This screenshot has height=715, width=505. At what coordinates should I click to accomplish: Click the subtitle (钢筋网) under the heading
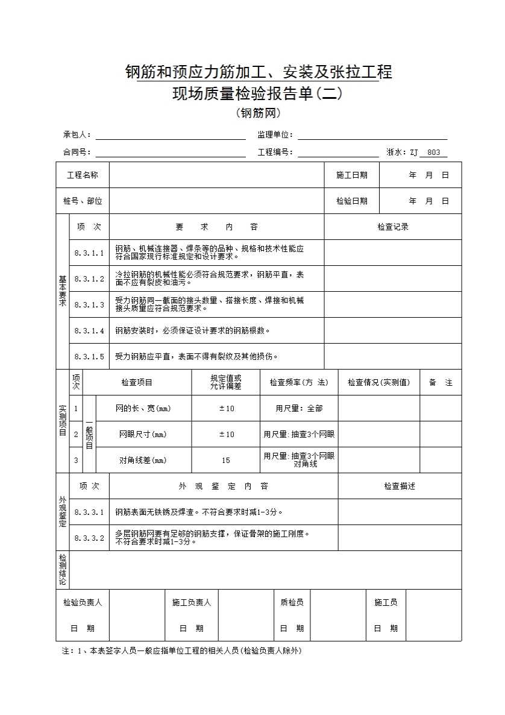(259, 113)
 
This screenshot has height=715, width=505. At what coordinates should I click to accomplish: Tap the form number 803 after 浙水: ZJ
(433, 153)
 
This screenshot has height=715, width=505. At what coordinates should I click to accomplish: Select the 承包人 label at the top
(77, 135)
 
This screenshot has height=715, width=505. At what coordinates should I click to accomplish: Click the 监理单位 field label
(275, 135)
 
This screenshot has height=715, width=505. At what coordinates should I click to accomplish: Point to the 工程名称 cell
(83, 175)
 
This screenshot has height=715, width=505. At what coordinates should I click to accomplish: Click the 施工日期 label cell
(351, 175)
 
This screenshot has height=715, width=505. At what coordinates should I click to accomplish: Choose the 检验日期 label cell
(351, 201)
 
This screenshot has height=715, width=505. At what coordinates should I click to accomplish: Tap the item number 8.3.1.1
(89, 253)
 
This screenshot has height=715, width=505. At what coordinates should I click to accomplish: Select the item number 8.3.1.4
(89, 330)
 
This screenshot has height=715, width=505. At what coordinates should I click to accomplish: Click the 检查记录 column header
(393, 227)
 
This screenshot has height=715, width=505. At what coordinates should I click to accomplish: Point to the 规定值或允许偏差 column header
(226, 382)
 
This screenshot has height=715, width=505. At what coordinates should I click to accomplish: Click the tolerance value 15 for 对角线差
(226, 461)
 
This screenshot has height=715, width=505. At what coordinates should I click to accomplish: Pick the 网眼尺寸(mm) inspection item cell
(143, 434)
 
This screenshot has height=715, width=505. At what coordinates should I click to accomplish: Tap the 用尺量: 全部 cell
(299, 408)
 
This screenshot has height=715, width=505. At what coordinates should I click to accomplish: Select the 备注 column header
(441, 382)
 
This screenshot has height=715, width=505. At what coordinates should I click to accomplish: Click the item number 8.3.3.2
(89, 538)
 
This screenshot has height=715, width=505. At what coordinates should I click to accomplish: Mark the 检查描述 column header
(400, 486)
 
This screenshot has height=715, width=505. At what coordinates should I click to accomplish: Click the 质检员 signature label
(292, 602)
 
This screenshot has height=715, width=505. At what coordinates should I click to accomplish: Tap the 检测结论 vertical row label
(63, 570)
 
